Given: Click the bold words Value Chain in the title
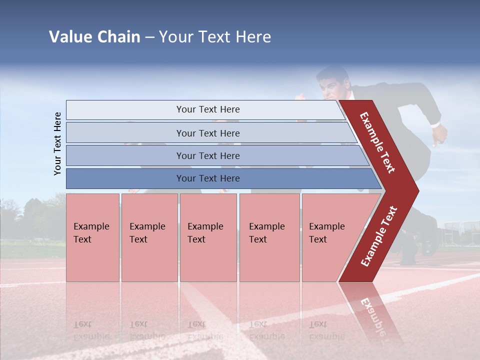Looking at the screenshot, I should coord(94,37).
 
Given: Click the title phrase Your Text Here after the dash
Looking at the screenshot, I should coord(215,37).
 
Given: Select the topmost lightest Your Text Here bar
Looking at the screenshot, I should coord(207,109).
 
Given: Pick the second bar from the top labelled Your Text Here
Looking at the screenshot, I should coord(207,133).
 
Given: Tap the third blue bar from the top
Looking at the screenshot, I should coord(207,155).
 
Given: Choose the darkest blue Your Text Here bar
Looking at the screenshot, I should coord(207,178).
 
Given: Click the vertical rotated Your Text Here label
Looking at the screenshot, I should coord(57,143).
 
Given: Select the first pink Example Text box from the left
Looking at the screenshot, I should coord(92,237).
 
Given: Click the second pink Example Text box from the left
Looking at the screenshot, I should coord(149,237).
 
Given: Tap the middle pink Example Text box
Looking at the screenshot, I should coord(208,237).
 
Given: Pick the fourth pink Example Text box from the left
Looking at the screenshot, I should coord(269,237).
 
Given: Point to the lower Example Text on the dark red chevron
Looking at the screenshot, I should coord(379,236).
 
